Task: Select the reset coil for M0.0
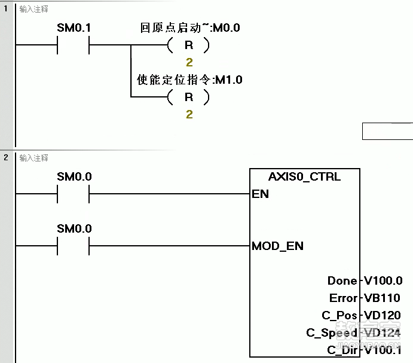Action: click(189, 45)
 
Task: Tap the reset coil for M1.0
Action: click(189, 97)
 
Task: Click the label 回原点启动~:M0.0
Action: click(190, 28)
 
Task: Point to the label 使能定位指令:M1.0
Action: click(190, 80)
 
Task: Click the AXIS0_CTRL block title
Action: click(305, 177)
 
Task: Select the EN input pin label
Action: click(261, 194)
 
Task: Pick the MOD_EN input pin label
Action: click(277, 246)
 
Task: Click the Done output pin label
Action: click(342, 280)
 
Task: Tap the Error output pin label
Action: click(343, 298)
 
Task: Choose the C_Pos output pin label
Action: click(339, 315)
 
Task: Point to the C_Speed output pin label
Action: click(332, 333)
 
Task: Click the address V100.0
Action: click(383, 280)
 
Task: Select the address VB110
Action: click(382, 298)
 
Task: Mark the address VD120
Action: click(382, 315)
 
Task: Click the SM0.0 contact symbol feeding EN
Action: click(74, 194)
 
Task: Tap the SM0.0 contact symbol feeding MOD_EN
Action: click(74, 246)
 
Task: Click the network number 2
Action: click(6, 157)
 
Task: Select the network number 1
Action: click(6, 9)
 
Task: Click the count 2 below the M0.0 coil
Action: click(189, 62)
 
